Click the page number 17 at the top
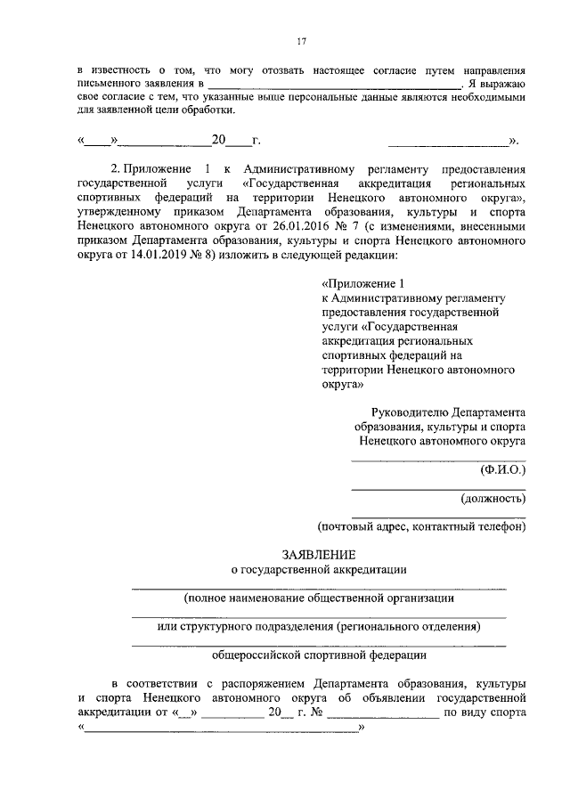(x=301, y=39)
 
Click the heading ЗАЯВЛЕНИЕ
(x=319, y=552)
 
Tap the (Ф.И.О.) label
(x=502, y=468)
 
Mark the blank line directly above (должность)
(x=437, y=489)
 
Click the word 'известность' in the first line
(x=121, y=69)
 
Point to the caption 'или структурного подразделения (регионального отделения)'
(x=319, y=626)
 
